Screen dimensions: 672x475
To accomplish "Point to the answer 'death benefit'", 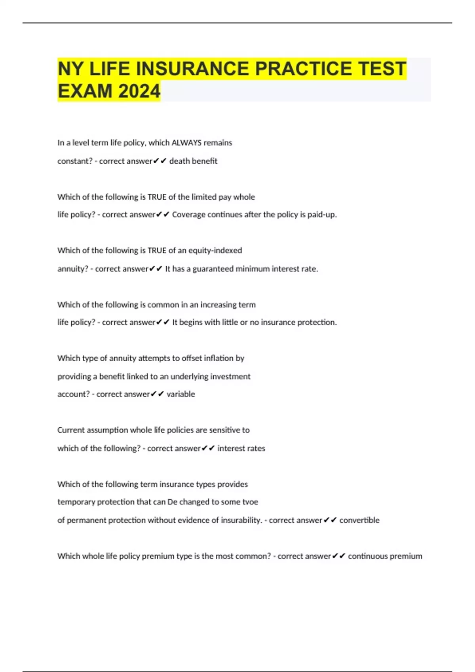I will (193, 161).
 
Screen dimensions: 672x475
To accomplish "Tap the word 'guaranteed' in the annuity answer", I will (213, 269).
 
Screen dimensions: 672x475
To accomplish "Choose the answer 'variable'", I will (180, 394).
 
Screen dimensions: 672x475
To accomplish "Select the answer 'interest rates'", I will (241, 448).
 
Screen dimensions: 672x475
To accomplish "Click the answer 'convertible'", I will (359, 520).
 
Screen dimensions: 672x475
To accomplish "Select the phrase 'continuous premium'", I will (385, 556).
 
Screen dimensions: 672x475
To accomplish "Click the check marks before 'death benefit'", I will (160, 161).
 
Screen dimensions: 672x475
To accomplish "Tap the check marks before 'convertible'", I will (330, 520).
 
